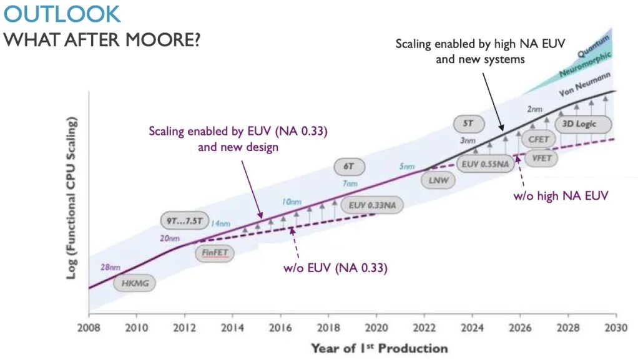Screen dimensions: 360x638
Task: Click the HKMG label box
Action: [134, 283]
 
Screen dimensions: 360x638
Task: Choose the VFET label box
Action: [541, 158]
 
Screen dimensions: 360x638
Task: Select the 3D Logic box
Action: [580, 124]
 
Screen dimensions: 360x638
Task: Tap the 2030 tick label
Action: [616, 327]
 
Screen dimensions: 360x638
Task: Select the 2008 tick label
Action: [89, 327]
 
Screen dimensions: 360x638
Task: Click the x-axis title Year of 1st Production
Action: [380, 348]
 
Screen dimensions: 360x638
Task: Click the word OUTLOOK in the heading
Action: [62, 14]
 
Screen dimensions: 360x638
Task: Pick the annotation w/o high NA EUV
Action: [560, 196]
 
